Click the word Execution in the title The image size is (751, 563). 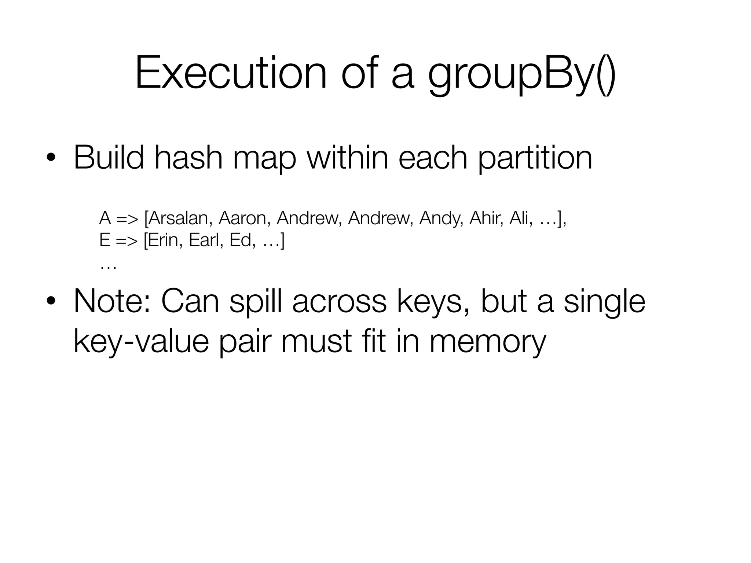pyautogui.click(x=231, y=72)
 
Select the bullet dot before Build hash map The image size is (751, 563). pyautogui.click(x=51, y=158)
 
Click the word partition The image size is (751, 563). pyautogui.click(x=535, y=158)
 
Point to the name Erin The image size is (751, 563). pyautogui.click(x=165, y=240)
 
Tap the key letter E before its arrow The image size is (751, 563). pyautogui.click(x=105, y=240)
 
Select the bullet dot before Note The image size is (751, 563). pyautogui.click(x=51, y=301)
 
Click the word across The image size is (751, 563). pyautogui.click(x=340, y=301)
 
